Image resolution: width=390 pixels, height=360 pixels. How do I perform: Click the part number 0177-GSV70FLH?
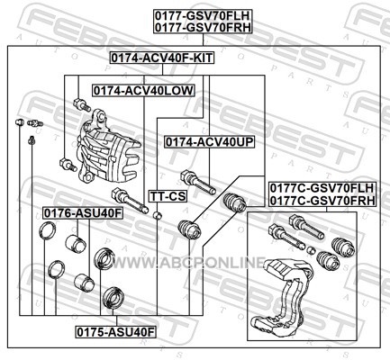203,15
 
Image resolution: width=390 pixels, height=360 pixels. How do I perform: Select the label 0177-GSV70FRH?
203,27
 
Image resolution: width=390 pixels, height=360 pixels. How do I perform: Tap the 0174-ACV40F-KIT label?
162,58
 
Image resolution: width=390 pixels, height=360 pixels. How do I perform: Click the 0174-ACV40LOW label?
143,90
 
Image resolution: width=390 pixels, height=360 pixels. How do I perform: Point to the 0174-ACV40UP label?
209,142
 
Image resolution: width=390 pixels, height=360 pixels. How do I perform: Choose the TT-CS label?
168,196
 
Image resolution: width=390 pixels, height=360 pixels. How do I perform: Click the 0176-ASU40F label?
83,213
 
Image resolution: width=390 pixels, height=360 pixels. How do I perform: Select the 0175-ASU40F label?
116,332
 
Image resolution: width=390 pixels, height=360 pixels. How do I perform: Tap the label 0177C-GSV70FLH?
322,188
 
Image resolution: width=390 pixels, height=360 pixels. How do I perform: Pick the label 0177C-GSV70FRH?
322,201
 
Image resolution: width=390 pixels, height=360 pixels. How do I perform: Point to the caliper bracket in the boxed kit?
287,297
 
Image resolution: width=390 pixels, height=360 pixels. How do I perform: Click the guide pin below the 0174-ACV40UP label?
198,182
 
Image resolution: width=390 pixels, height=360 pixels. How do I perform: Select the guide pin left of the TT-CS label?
130,201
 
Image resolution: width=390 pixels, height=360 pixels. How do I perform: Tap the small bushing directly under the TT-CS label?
158,215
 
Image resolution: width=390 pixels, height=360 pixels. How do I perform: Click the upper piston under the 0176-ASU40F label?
76,243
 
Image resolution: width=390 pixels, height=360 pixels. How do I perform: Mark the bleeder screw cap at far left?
20,122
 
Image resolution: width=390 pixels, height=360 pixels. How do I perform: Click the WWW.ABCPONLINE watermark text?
188,263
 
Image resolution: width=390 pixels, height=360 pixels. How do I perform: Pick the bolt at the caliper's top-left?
82,105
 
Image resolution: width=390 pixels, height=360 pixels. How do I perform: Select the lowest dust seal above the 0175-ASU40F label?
113,298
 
